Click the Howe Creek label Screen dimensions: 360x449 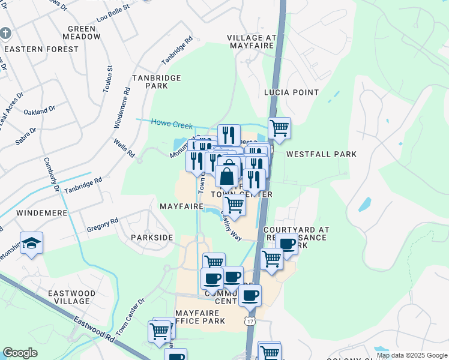172,124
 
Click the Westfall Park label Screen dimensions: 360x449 321,154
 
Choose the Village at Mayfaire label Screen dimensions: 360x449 251,42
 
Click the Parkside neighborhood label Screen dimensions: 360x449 152,238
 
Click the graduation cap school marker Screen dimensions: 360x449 31,243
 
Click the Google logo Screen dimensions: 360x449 20,352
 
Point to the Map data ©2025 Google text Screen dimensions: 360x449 412,355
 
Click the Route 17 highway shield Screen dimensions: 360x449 249,322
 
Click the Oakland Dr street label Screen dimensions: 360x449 39,111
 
